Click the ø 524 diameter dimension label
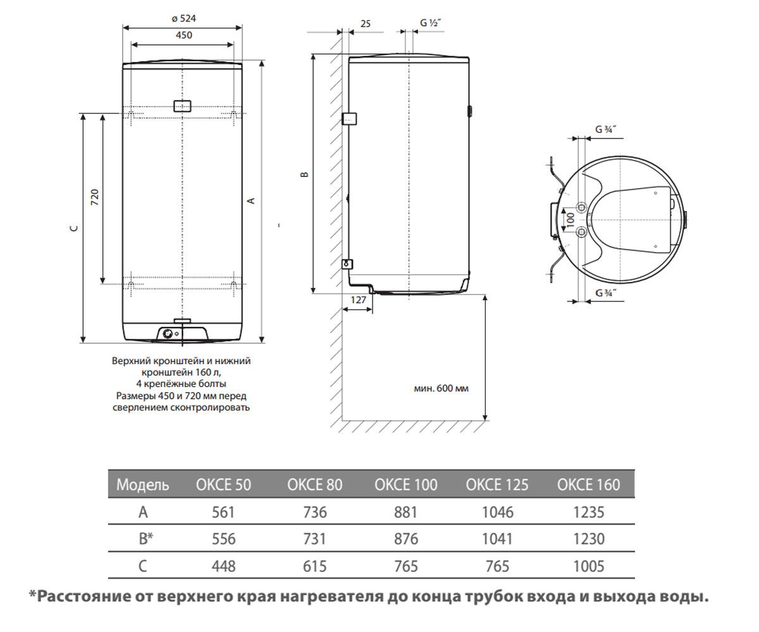pos(183,18)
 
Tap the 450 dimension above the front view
pos(184,35)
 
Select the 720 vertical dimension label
pos(94,197)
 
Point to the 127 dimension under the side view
pos(359,300)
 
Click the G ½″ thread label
pos(430,23)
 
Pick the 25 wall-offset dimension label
pos(366,24)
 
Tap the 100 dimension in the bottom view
pos(571,219)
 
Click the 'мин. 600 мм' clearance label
pos(441,388)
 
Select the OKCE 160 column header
pos(588,485)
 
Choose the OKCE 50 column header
pos(223,485)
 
